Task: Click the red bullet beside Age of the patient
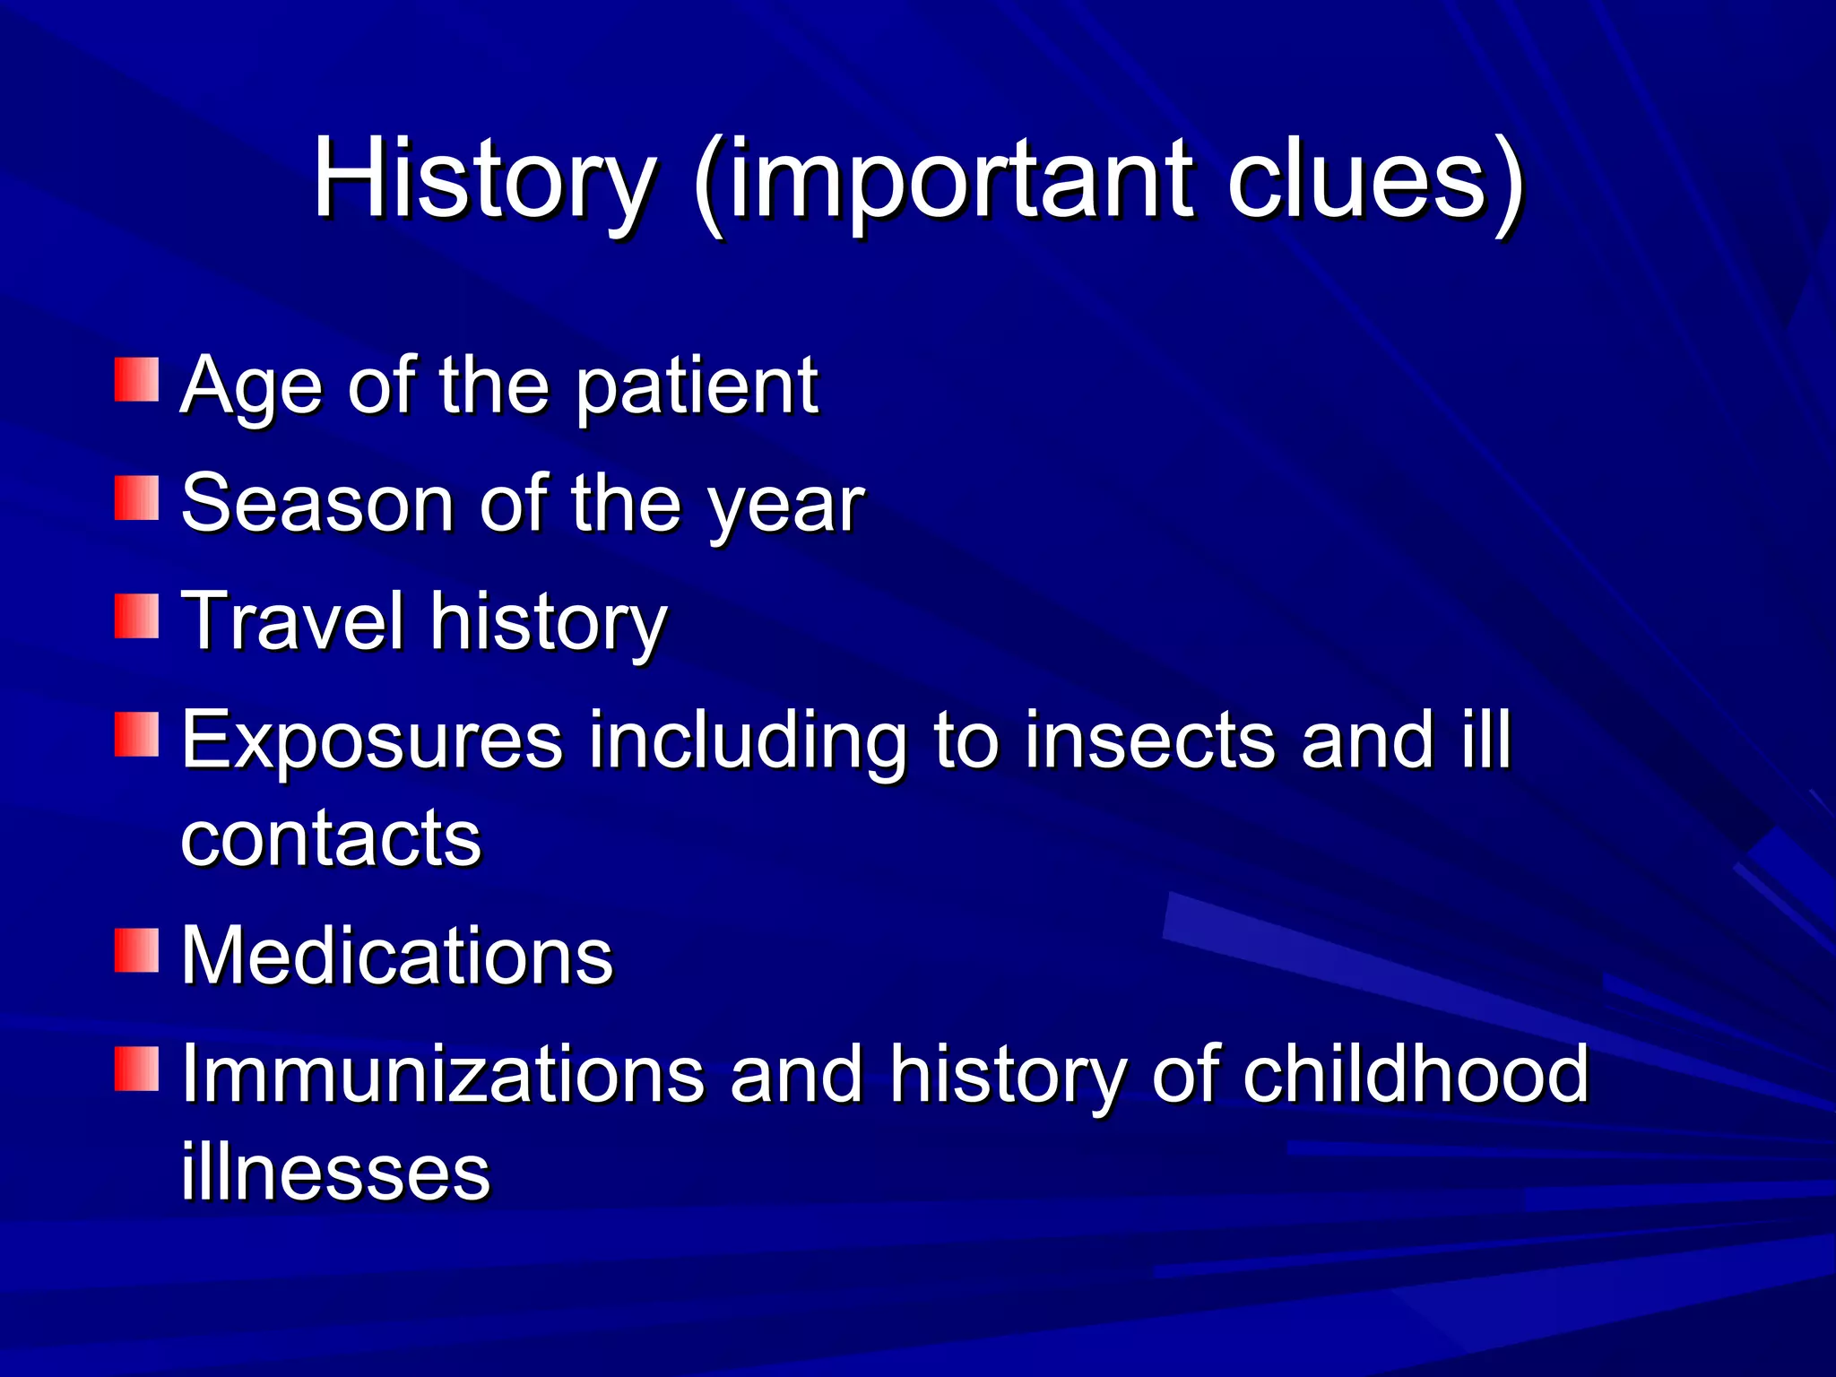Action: pos(136,379)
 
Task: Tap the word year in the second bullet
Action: pos(785,507)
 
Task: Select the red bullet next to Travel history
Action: pos(136,617)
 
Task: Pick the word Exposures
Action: pos(372,740)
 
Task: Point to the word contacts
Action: pos(331,838)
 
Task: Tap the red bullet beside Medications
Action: pos(136,950)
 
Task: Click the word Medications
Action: pos(397,955)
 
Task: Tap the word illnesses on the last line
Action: pos(335,1172)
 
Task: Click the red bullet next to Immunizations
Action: pos(136,1069)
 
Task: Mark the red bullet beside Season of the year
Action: pos(136,498)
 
